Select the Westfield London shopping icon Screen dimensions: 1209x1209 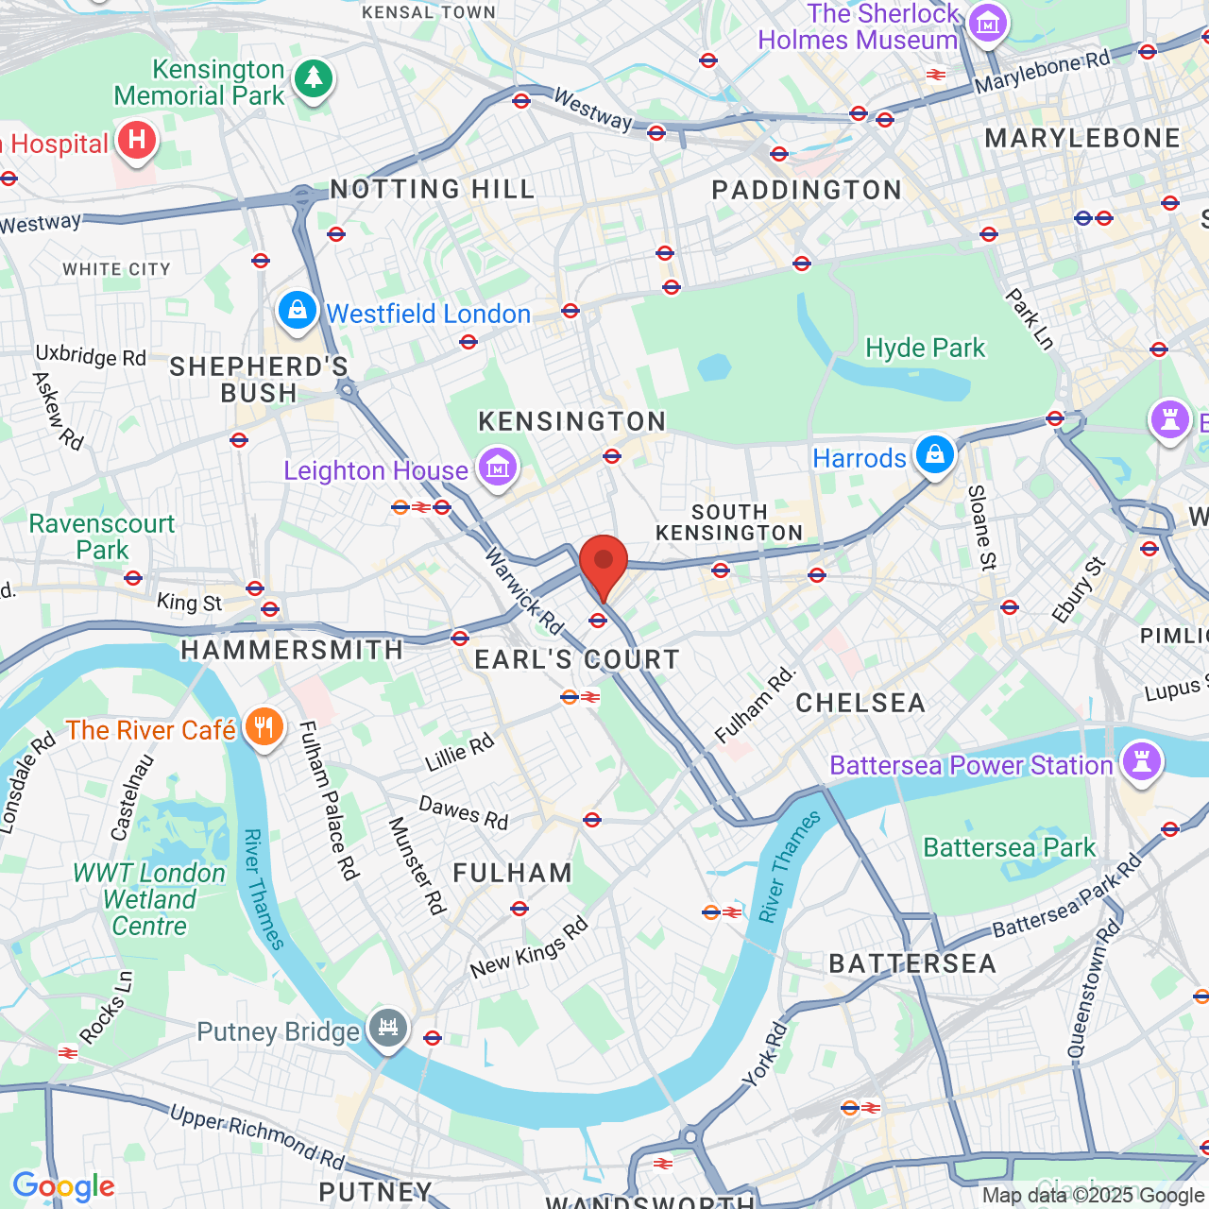pos(298,311)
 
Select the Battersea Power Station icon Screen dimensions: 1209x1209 pos(1141,761)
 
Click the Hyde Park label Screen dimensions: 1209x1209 pos(925,349)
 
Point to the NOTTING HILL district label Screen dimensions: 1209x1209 pos(433,189)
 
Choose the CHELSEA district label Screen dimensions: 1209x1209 pos(860,703)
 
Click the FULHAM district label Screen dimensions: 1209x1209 pos(512,873)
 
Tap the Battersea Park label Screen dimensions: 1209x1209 pos(1009,847)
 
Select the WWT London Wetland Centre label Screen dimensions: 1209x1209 pos(149,899)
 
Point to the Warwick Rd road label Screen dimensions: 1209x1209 pos(524,591)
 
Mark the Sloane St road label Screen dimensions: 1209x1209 pos(981,528)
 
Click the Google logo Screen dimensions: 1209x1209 pos(63,1186)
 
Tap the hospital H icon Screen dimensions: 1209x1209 pos(137,142)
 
